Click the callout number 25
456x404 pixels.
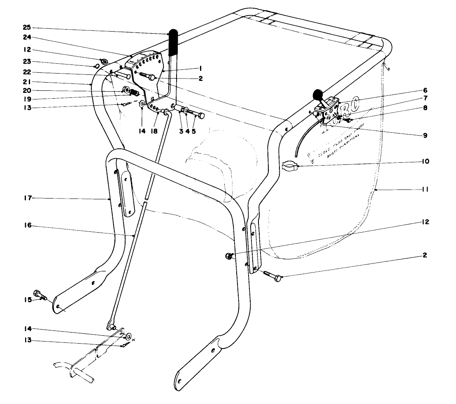26,28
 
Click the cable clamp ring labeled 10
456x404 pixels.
289,167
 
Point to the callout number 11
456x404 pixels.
425,189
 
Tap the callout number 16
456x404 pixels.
27,226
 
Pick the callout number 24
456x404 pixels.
26,37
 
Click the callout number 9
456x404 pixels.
425,135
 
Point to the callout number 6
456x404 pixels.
425,90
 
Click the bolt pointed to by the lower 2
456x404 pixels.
272,276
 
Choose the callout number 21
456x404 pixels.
27,81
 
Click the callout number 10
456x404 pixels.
425,162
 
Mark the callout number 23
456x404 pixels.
27,62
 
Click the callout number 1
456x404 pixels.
200,68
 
